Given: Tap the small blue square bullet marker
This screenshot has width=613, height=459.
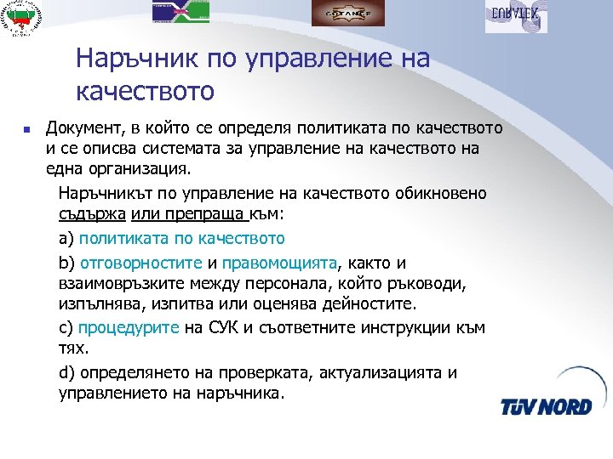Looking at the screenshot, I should pos(27,130).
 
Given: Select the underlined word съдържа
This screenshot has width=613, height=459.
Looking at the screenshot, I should pos(90,216).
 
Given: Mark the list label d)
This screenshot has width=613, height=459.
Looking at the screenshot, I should pos(67,372).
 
